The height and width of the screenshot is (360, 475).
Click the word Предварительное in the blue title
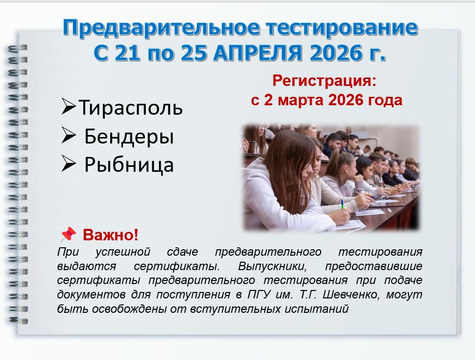pyautogui.click(x=161, y=28)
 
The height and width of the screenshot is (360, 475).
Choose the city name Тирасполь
pyautogui.click(x=131, y=108)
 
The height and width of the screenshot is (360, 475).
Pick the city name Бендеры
pyautogui.click(x=129, y=137)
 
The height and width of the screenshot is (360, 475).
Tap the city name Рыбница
pyautogui.click(x=129, y=165)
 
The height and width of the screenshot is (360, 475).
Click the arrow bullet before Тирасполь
pyautogui.click(x=68, y=106)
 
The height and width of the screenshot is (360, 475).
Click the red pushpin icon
pyautogui.click(x=68, y=234)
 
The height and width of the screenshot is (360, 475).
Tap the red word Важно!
pyautogui.click(x=111, y=235)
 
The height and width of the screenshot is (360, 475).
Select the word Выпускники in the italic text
pyautogui.click(x=272, y=266)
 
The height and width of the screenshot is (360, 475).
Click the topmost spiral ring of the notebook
pyautogui.click(x=17, y=48)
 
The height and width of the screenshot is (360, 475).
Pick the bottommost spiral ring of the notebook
pyautogui.click(x=18, y=320)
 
